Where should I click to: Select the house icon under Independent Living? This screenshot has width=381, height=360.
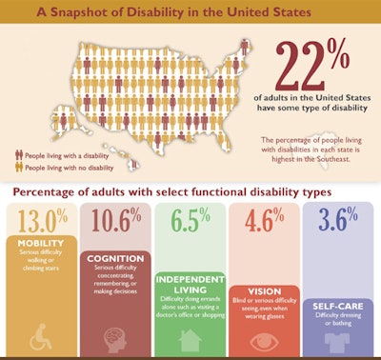coord(190,338)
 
